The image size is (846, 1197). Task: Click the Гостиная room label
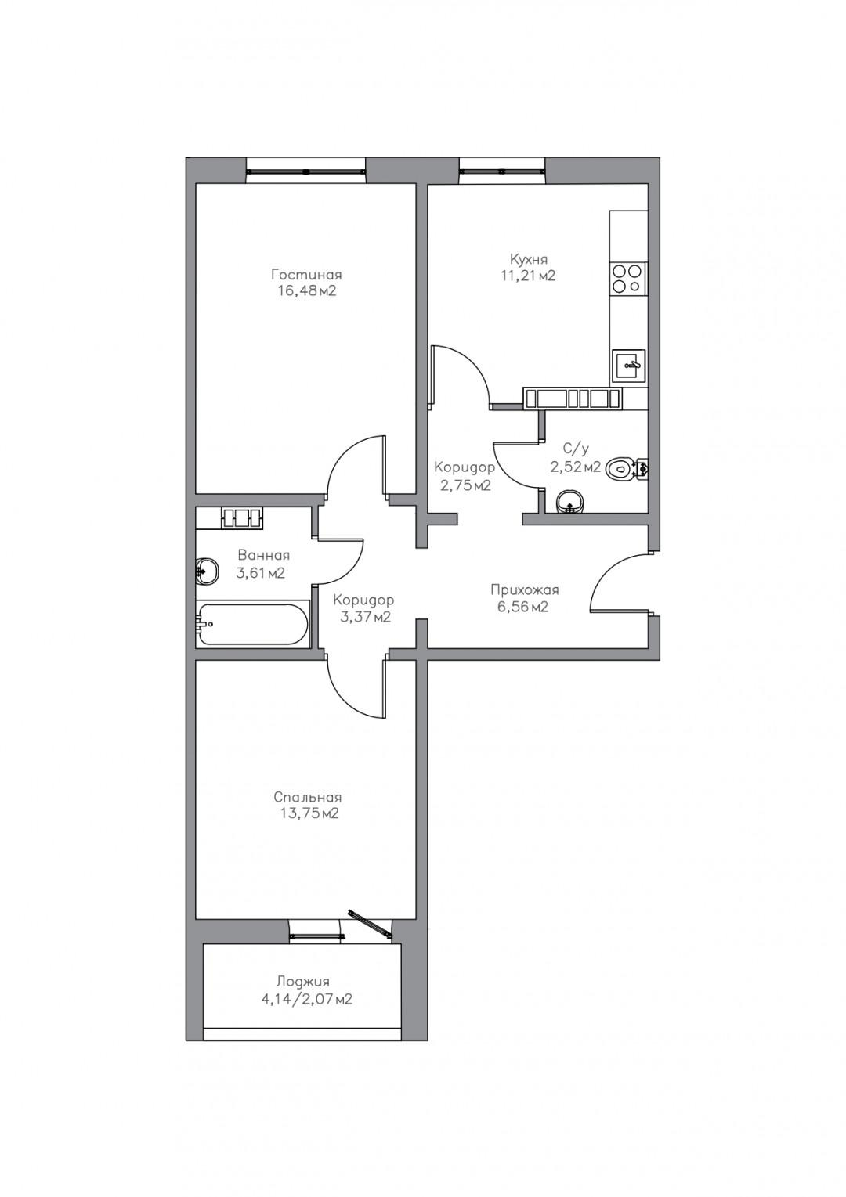(x=305, y=274)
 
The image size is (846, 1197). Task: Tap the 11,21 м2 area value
(x=528, y=276)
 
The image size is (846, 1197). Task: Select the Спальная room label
(x=307, y=797)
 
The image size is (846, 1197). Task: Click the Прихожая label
(x=524, y=590)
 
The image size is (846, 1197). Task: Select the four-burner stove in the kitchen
(x=628, y=278)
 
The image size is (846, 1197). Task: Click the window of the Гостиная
(x=306, y=171)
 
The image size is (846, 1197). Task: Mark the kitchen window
(x=503, y=171)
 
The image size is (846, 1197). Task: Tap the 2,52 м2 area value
(x=576, y=467)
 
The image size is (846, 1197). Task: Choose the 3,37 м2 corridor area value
(x=365, y=617)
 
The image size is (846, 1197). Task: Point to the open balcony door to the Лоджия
(x=370, y=922)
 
